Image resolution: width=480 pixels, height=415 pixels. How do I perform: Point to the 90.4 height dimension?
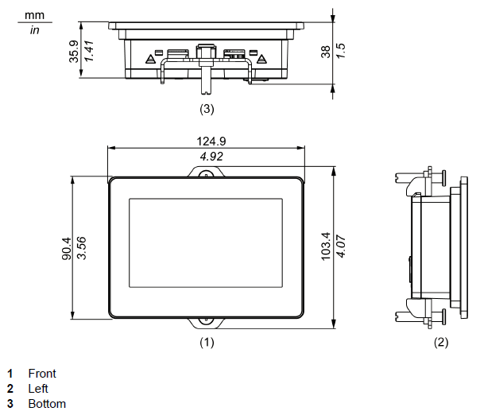tap(67, 248)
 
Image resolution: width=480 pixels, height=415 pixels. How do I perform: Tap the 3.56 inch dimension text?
tap(81, 248)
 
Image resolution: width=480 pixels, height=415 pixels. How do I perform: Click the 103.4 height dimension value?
tap(325, 248)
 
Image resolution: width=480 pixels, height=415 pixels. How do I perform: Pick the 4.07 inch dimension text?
tap(340, 248)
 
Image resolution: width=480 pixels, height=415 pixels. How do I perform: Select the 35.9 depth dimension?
tap(74, 52)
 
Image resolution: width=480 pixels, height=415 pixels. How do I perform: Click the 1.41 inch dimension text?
tap(89, 52)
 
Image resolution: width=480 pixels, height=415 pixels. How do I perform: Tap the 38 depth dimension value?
tap(325, 52)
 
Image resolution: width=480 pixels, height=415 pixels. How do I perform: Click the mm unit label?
tap(34, 15)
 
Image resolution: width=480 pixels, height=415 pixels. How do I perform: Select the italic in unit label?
tap(34, 30)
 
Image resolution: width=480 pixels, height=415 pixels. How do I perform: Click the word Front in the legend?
tap(42, 373)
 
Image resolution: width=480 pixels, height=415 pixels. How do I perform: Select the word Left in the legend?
tap(38, 388)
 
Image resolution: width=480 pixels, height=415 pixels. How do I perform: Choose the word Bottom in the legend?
tap(47, 404)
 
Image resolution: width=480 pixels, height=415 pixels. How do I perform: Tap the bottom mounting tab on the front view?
tap(206, 322)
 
